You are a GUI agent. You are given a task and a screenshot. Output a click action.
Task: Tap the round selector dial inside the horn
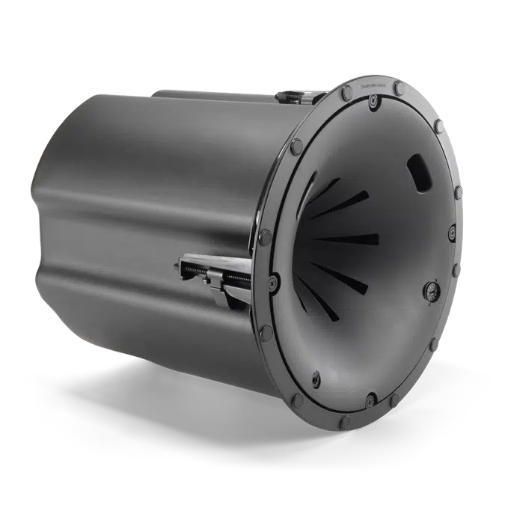point(432,293)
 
